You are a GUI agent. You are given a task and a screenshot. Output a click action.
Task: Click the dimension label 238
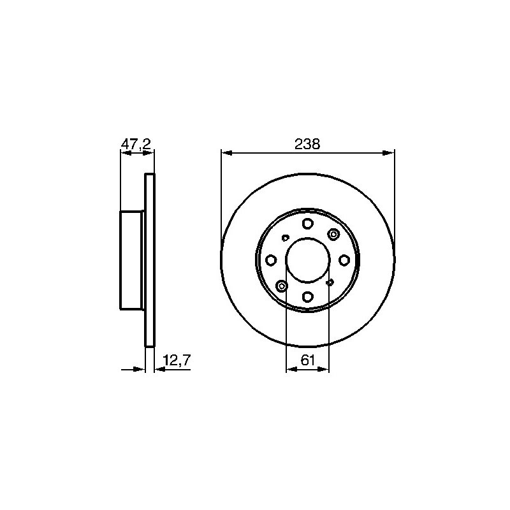(307, 144)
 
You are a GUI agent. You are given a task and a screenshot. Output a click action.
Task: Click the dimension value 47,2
(136, 144)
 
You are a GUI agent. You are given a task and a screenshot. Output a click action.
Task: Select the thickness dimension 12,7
(177, 360)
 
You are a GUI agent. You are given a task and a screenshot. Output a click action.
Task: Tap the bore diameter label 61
(308, 360)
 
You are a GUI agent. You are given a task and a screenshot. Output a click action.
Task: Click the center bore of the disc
(308, 260)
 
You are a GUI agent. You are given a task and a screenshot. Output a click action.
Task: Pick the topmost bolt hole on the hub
(307, 224)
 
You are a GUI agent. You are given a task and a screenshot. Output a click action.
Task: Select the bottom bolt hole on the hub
(307, 296)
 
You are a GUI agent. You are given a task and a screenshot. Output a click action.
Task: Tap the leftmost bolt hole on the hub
(271, 260)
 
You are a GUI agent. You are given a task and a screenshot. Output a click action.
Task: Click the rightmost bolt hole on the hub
(344, 260)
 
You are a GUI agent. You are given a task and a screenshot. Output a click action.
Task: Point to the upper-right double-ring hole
(333, 234)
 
